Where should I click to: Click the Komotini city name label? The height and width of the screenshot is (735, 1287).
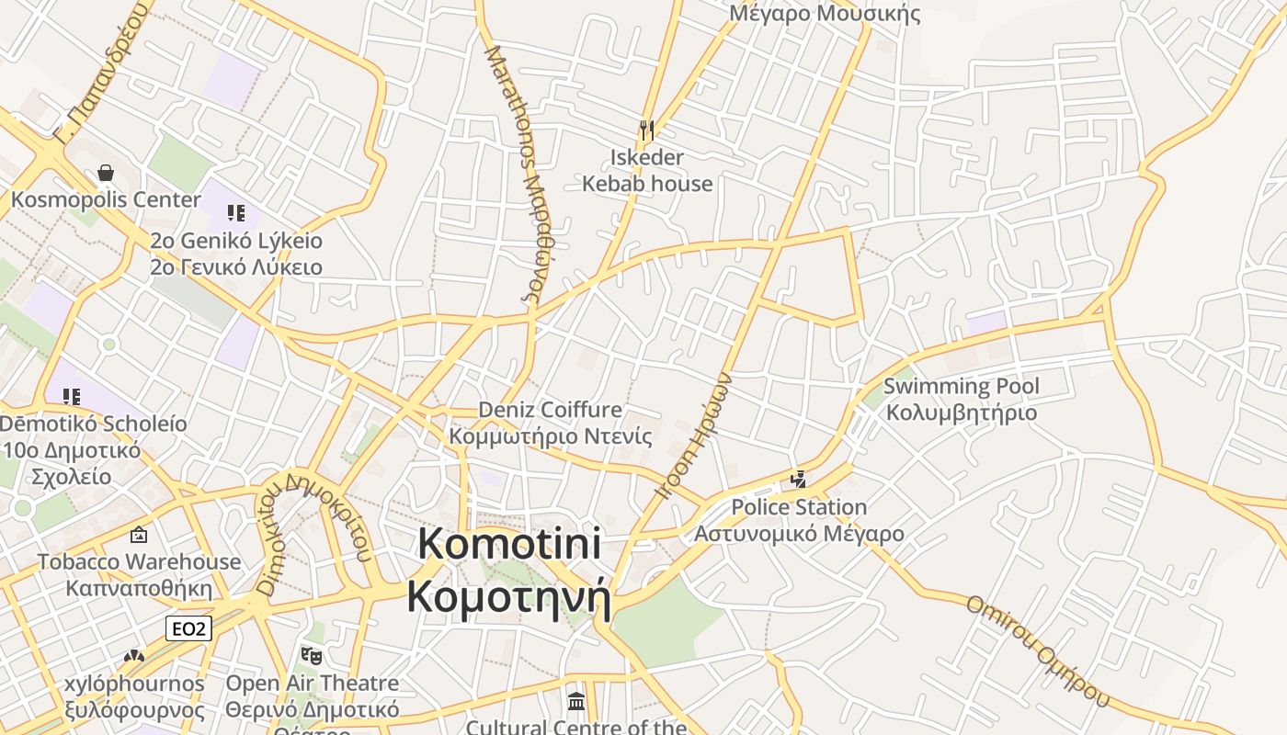(509, 570)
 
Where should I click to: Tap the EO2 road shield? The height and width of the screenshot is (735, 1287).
(189, 628)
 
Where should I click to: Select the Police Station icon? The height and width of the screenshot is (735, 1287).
(799, 479)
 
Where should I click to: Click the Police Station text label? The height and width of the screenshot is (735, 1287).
(799, 520)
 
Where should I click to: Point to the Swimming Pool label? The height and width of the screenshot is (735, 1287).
(961, 399)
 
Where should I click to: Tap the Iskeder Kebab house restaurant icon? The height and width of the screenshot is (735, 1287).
(647, 130)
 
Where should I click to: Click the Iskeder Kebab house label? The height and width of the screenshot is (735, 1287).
(647, 170)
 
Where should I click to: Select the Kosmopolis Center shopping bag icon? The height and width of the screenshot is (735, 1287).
(106, 173)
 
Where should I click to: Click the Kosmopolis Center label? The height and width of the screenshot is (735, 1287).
(106, 199)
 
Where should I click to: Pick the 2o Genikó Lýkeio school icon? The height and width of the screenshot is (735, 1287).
(236, 213)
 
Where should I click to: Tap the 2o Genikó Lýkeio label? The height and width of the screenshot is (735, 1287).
(236, 254)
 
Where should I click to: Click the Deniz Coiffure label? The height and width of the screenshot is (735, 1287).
(550, 422)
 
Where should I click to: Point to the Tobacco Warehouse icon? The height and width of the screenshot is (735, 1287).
(139, 534)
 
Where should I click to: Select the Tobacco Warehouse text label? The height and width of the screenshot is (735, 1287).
(139, 574)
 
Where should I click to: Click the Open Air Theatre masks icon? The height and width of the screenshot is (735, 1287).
(312, 656)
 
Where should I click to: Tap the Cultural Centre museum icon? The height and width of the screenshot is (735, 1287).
(576, 702)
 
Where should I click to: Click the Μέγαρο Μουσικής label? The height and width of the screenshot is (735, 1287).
(825, 13)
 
